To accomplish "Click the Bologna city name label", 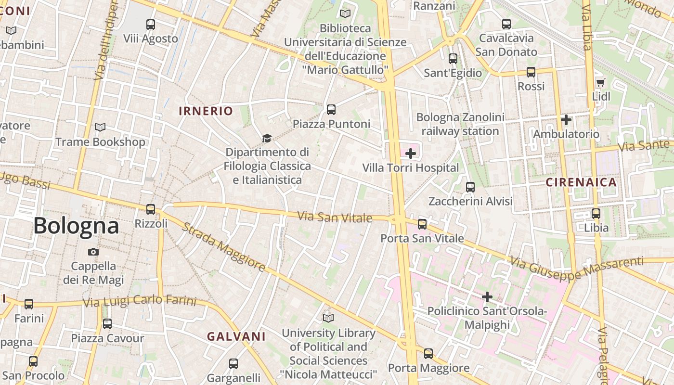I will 76,226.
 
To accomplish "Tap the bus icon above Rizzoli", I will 151,209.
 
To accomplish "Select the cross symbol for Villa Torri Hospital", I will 411,154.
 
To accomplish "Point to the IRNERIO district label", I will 206,111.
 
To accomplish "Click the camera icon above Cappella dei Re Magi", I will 93,252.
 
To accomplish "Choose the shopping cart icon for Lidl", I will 600,82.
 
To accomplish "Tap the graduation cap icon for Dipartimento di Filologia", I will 267,139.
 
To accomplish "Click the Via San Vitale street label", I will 335,217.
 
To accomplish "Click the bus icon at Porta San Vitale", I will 422,224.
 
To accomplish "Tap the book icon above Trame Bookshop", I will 100,128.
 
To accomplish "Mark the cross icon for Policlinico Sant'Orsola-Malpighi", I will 487,297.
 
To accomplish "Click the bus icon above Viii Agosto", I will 151,24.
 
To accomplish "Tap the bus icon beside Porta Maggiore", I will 428,354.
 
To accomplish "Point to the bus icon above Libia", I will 596,213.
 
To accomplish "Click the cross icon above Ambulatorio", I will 566,119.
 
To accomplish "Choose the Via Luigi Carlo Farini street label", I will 140,302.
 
